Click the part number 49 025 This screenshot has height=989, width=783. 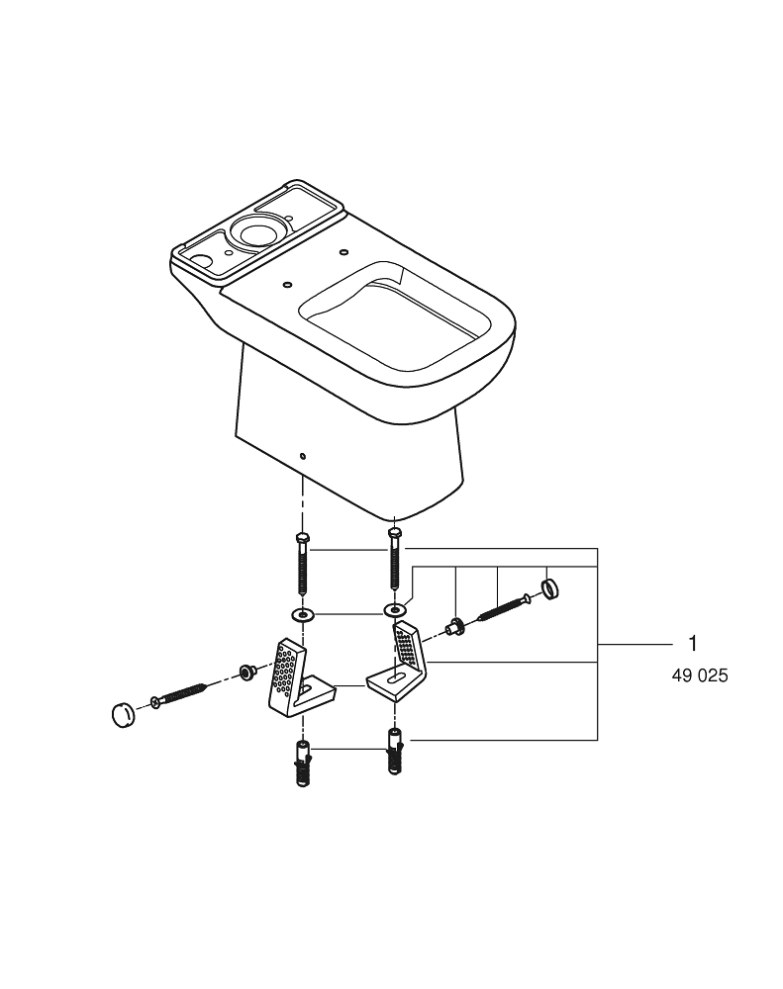699,677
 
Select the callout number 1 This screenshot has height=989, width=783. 693,644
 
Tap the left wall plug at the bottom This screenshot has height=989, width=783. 302,763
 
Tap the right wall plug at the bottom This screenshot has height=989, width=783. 394,753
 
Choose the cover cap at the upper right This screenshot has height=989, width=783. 551,589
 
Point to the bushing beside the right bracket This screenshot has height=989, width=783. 456,625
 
